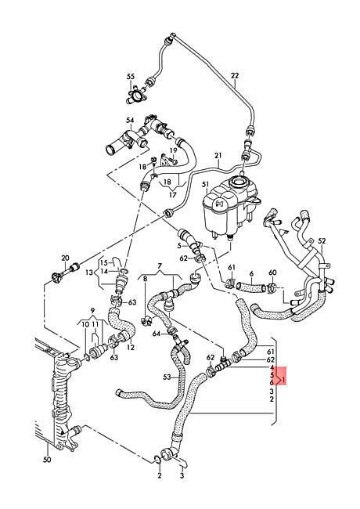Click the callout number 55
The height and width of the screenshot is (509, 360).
[131, 77]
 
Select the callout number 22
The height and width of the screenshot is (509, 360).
[235, 76]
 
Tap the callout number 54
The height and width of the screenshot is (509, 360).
[130, 121]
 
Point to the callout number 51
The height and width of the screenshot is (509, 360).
[205, 185]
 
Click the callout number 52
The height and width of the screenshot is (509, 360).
[322, 241]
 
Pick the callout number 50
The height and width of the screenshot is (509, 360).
[48, 460]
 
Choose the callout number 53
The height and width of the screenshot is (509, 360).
[167, 377]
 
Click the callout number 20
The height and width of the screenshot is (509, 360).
[65, 258]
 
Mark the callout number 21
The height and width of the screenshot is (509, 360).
[218, 156]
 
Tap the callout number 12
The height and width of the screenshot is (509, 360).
[131, 348]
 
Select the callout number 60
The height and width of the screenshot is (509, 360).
[273, 273]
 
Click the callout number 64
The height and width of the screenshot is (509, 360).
[157, 334]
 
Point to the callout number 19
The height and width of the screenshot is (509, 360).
[174, 150]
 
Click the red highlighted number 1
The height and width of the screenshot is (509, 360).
[284, 380]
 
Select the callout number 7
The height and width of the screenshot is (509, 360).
[160, 266]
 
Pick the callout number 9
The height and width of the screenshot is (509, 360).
[93, 309]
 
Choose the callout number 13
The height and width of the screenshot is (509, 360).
[89, 273]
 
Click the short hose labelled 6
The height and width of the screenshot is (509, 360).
[251, 286]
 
